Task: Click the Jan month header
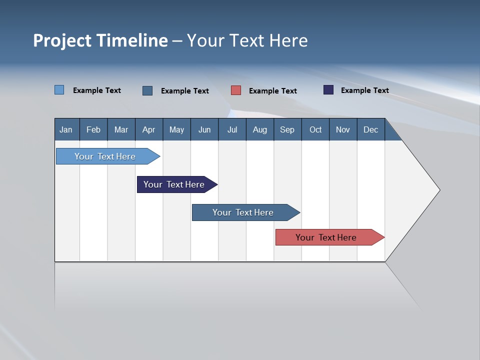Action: pos(66,129)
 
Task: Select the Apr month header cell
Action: pos(149,129)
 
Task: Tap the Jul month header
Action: pos(232,129)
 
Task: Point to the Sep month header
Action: pos(287,129)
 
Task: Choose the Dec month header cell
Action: pos(370,129)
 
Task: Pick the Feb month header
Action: pos(93,129)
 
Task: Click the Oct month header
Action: pos(315,129)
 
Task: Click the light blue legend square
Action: pos(59,90)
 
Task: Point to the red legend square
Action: pos(236,90)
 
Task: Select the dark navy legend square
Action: pos(328,90)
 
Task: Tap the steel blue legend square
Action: pos(147,90)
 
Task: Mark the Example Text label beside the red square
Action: pos(272,91)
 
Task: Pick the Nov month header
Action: pos(342,129)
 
